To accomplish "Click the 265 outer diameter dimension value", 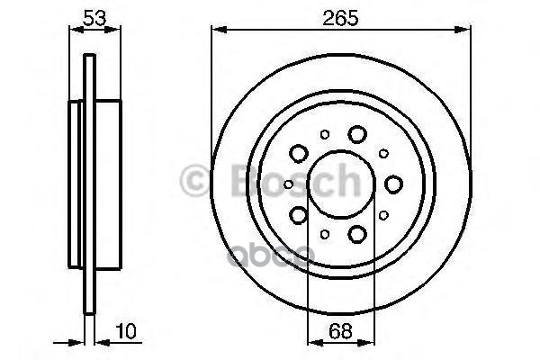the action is [340, 18].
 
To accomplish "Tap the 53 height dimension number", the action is [94, 18].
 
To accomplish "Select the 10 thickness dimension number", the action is [126, 331].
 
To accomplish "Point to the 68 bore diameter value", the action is [340, 331].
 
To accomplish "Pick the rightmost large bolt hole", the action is [393, 184].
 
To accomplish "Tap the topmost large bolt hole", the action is [357, 134].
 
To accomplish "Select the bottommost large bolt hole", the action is [357, 234].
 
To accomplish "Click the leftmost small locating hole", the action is [289, 184].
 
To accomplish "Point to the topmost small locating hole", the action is [324, 134].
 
